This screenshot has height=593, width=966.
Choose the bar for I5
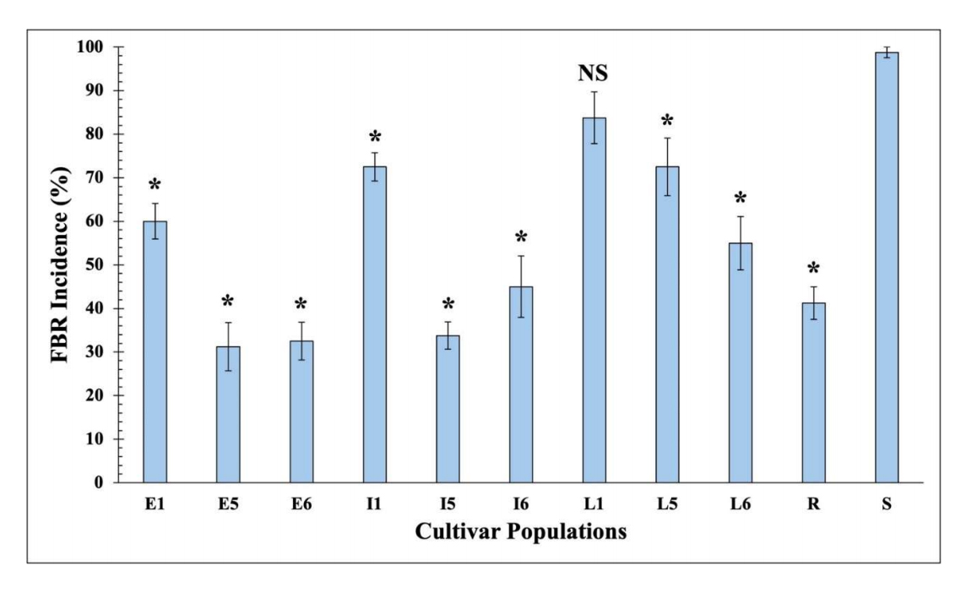coord(448,409)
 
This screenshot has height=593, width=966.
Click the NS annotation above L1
coord(593,73)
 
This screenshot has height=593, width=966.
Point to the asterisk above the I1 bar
coord(374,138)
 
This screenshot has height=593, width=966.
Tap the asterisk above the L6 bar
coord(741,199)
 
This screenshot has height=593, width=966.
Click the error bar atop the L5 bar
coord(667,166)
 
